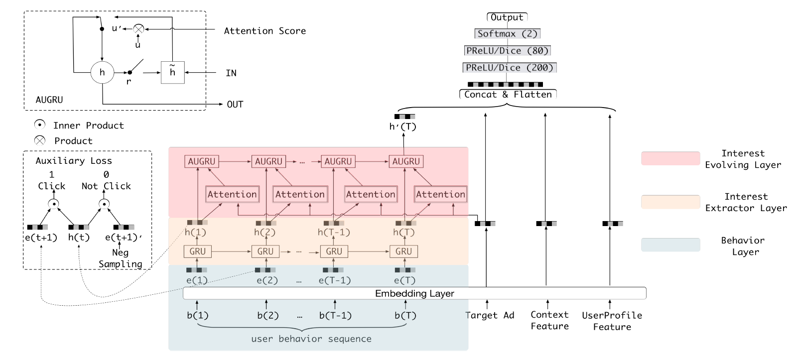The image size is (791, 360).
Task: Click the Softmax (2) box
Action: (507, 34)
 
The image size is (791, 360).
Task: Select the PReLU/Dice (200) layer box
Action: (509, 68)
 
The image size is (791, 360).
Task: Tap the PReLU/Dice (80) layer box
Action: (507, 51)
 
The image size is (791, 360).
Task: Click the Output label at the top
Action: (507, 17)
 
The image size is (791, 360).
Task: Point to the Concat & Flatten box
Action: (508, 95)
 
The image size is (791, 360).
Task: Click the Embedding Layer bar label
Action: (414, 293)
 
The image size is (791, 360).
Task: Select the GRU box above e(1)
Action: (197, 251)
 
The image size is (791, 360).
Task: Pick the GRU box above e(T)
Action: (403, 251)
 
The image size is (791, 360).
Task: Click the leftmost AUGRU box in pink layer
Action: (201, 161)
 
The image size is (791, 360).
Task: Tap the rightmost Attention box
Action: (440, 194)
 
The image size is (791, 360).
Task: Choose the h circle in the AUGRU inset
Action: (102, 73)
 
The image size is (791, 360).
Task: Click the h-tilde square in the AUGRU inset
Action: (172, 73)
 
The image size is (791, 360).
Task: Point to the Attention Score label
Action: (264, 31)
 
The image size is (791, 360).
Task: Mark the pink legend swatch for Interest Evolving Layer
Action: (670, 158)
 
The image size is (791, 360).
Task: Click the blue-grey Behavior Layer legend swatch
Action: (670, 245)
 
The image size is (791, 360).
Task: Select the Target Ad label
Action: (489, 315)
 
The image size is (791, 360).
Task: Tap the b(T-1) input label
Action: (335, 316)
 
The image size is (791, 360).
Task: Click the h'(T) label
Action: (402, 126)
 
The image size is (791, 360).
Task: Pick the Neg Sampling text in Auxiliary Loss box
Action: (120, 258)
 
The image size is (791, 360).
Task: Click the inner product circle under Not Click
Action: (104, 203)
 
